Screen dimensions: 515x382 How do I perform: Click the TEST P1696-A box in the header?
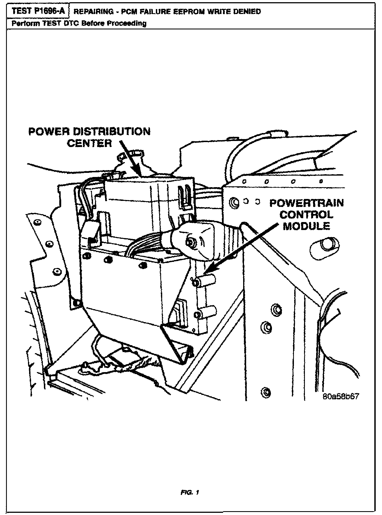[39, 11]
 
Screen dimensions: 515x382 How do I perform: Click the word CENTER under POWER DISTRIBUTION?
[89, 143]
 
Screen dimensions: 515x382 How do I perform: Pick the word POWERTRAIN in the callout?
[306, 203]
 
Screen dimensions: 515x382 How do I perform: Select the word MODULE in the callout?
[306, 226]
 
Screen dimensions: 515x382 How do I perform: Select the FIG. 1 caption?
[190, 492]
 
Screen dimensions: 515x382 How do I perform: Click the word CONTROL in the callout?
[306, 215]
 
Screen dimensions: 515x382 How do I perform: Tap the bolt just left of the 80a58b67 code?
[266, 392]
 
